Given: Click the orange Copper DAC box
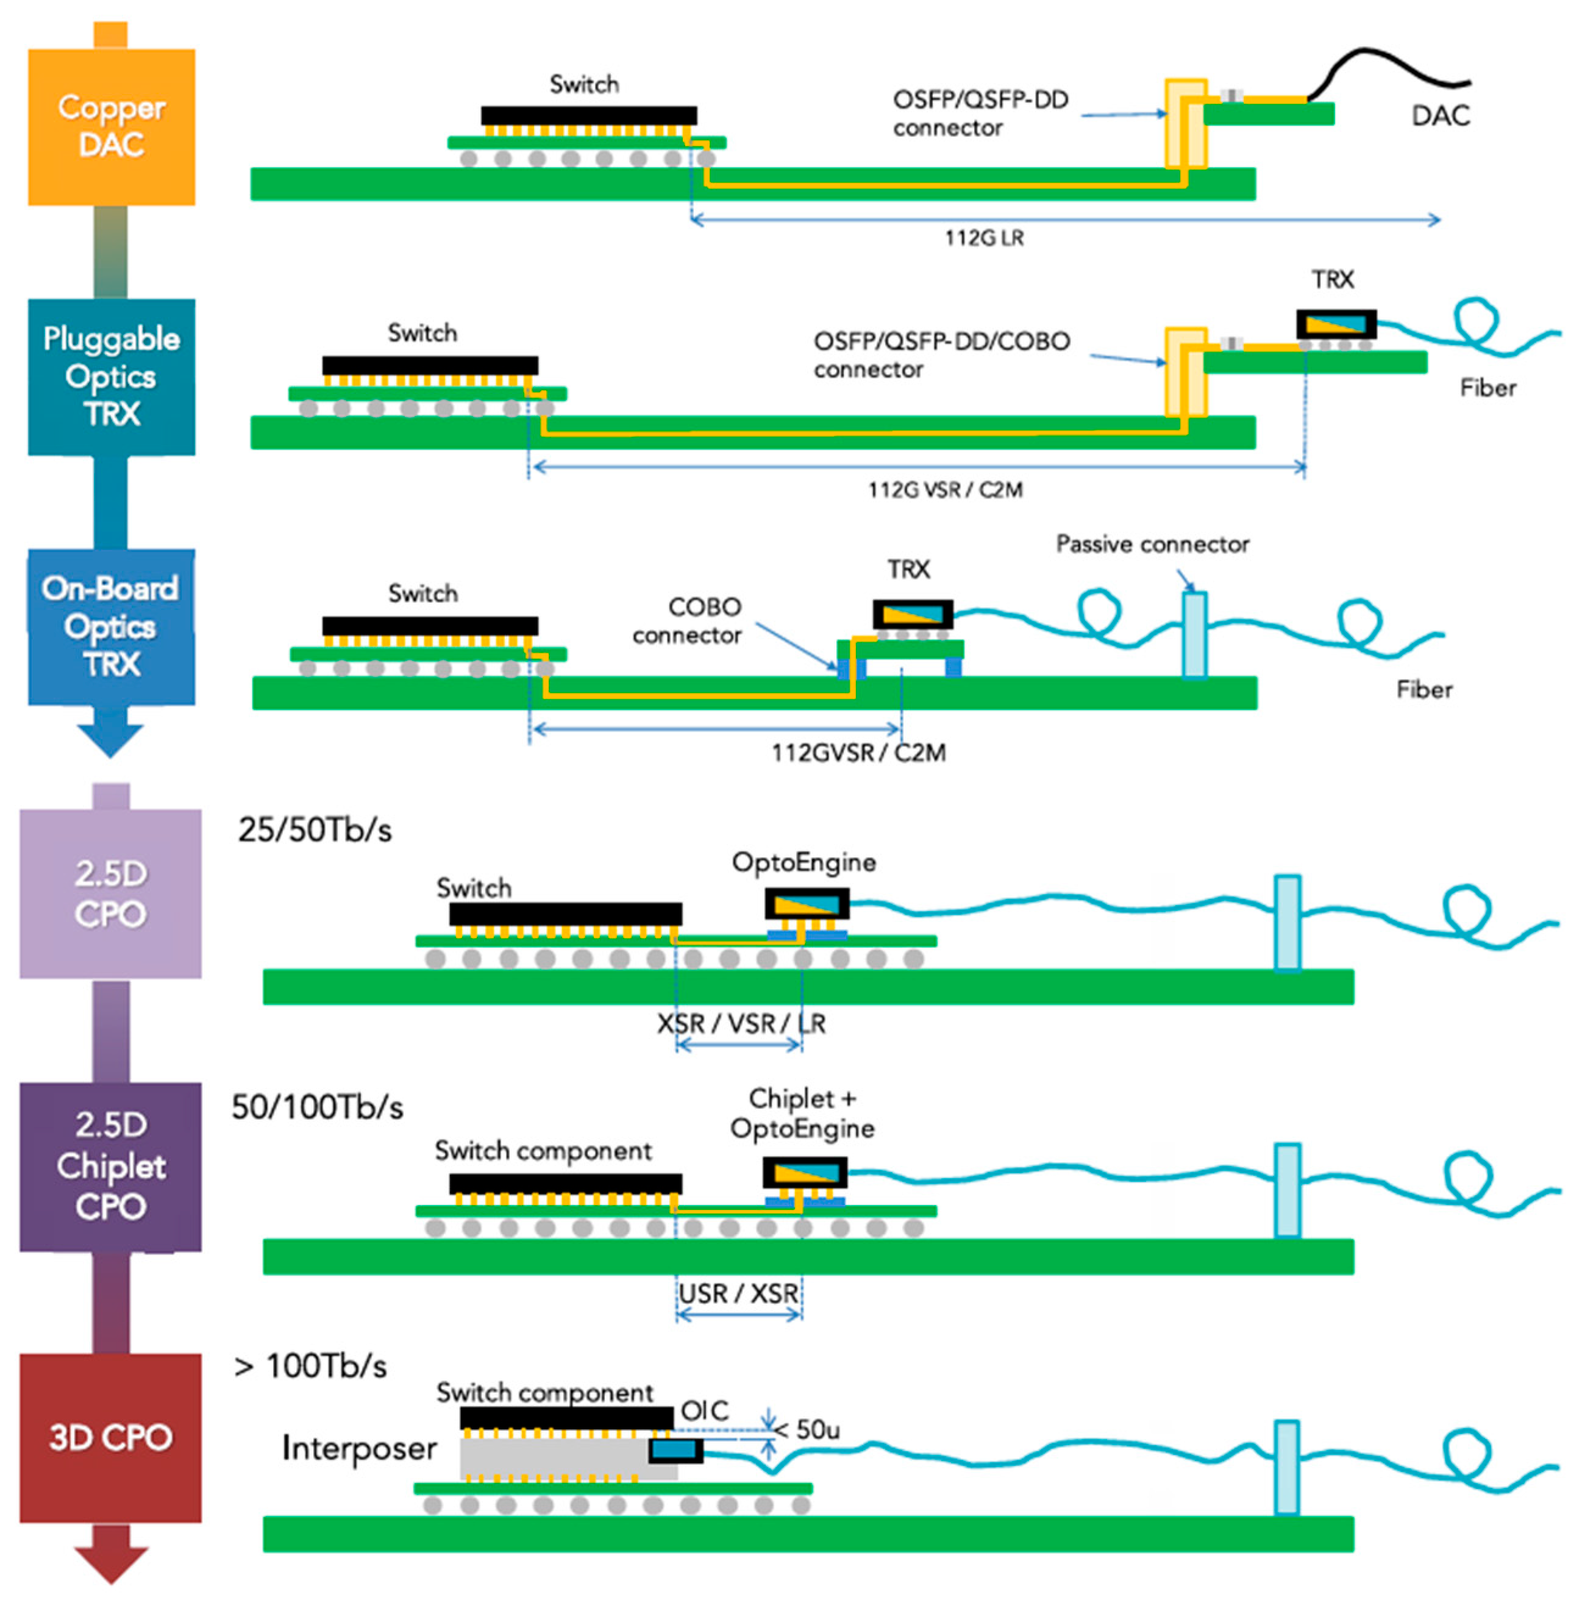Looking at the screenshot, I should (111, 126).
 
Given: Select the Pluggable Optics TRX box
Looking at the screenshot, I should (111, 376).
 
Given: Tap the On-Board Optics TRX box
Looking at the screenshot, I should (111, 627).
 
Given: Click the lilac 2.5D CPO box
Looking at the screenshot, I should (110, 893).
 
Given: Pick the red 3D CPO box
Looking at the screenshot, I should (110, 1437).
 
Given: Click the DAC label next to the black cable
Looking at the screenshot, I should (1440, 115).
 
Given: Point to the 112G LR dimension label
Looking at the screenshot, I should (983, 239).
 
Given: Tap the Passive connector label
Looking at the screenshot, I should (1152, 544).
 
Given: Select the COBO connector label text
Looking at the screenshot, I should (687, 620).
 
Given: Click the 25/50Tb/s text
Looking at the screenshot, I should (315, 830).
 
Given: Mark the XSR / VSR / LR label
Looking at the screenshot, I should (741, 1024).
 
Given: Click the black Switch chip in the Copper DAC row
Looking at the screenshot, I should (588, 115).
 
